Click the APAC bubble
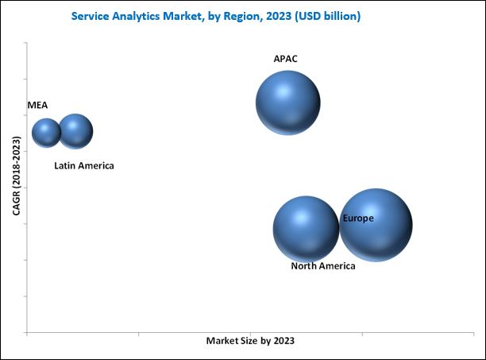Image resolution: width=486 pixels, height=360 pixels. click(287, 103)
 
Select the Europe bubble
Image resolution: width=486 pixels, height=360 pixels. click(376, 225)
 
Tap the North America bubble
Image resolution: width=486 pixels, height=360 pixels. click(306, 229)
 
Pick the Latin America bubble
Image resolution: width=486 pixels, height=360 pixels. click(76, 131)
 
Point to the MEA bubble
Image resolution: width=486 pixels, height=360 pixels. click(46, 133)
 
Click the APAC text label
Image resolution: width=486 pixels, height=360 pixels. click(286, 59)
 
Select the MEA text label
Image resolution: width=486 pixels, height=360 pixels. click(37, 105)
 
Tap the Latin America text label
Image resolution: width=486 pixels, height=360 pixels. click(84, 166)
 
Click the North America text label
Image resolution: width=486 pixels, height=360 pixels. click(322, 266)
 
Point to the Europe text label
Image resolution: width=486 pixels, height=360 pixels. click(358, 218)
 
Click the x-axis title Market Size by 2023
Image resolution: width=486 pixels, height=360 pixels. click(250, 340)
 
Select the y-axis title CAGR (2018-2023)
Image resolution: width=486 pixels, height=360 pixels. click(16, 176)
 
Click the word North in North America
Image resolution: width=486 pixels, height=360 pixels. click(304, 266)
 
